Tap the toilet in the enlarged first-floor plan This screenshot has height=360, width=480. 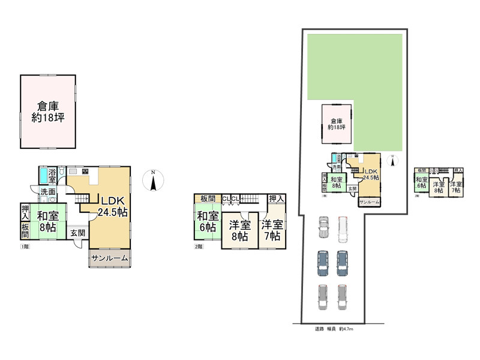click(x=52, y=202)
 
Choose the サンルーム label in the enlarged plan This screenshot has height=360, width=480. click(x=109, y=258)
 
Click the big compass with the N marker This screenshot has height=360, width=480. click(x=153, y=181)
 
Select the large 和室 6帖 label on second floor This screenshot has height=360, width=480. click(x=208, y=222)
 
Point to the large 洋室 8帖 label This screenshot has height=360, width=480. click(x=239, y=231)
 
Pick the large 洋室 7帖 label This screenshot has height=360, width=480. click(x=272, y=230)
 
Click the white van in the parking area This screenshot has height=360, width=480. click(x=343, y=227)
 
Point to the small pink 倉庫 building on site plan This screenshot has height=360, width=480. click(x=337, y=124)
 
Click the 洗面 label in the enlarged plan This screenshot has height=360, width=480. click(x=47, y=191)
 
